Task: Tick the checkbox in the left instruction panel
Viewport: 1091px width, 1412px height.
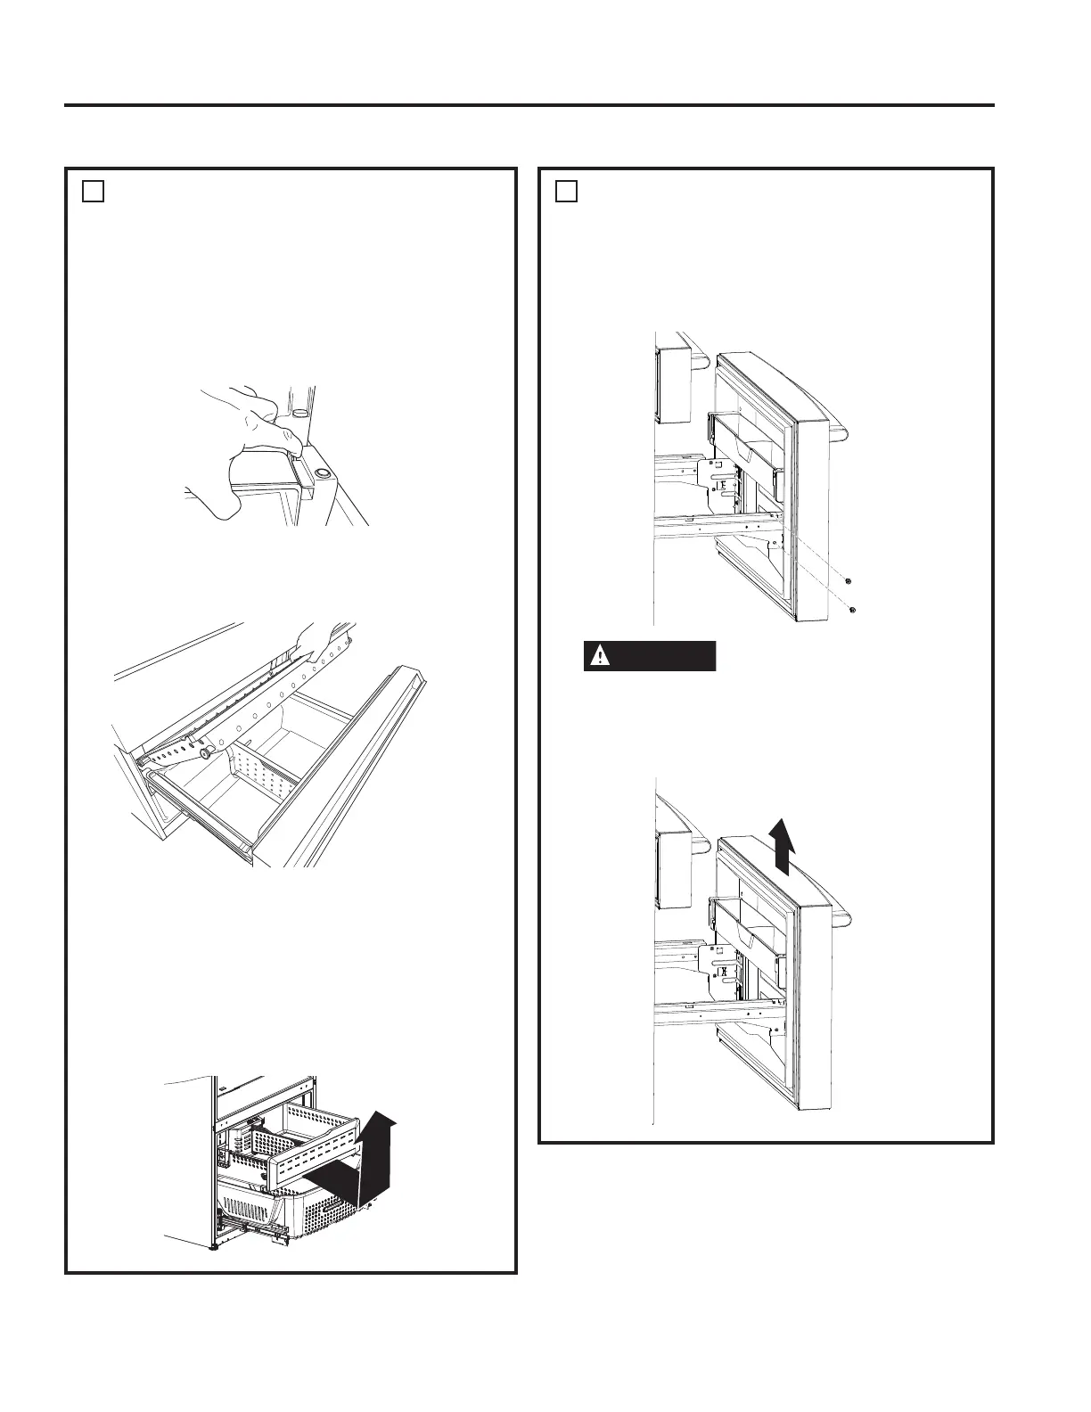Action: (94, 192)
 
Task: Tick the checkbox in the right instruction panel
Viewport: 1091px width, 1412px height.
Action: (567, 192)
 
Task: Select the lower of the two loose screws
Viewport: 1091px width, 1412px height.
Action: (854, 610)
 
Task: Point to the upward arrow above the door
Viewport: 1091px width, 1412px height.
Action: (783, 848)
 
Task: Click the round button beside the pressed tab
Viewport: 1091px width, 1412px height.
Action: (320, 476)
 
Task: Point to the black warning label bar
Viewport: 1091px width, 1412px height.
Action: (650, 656)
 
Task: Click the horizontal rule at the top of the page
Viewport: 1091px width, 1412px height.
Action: (529, 105)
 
